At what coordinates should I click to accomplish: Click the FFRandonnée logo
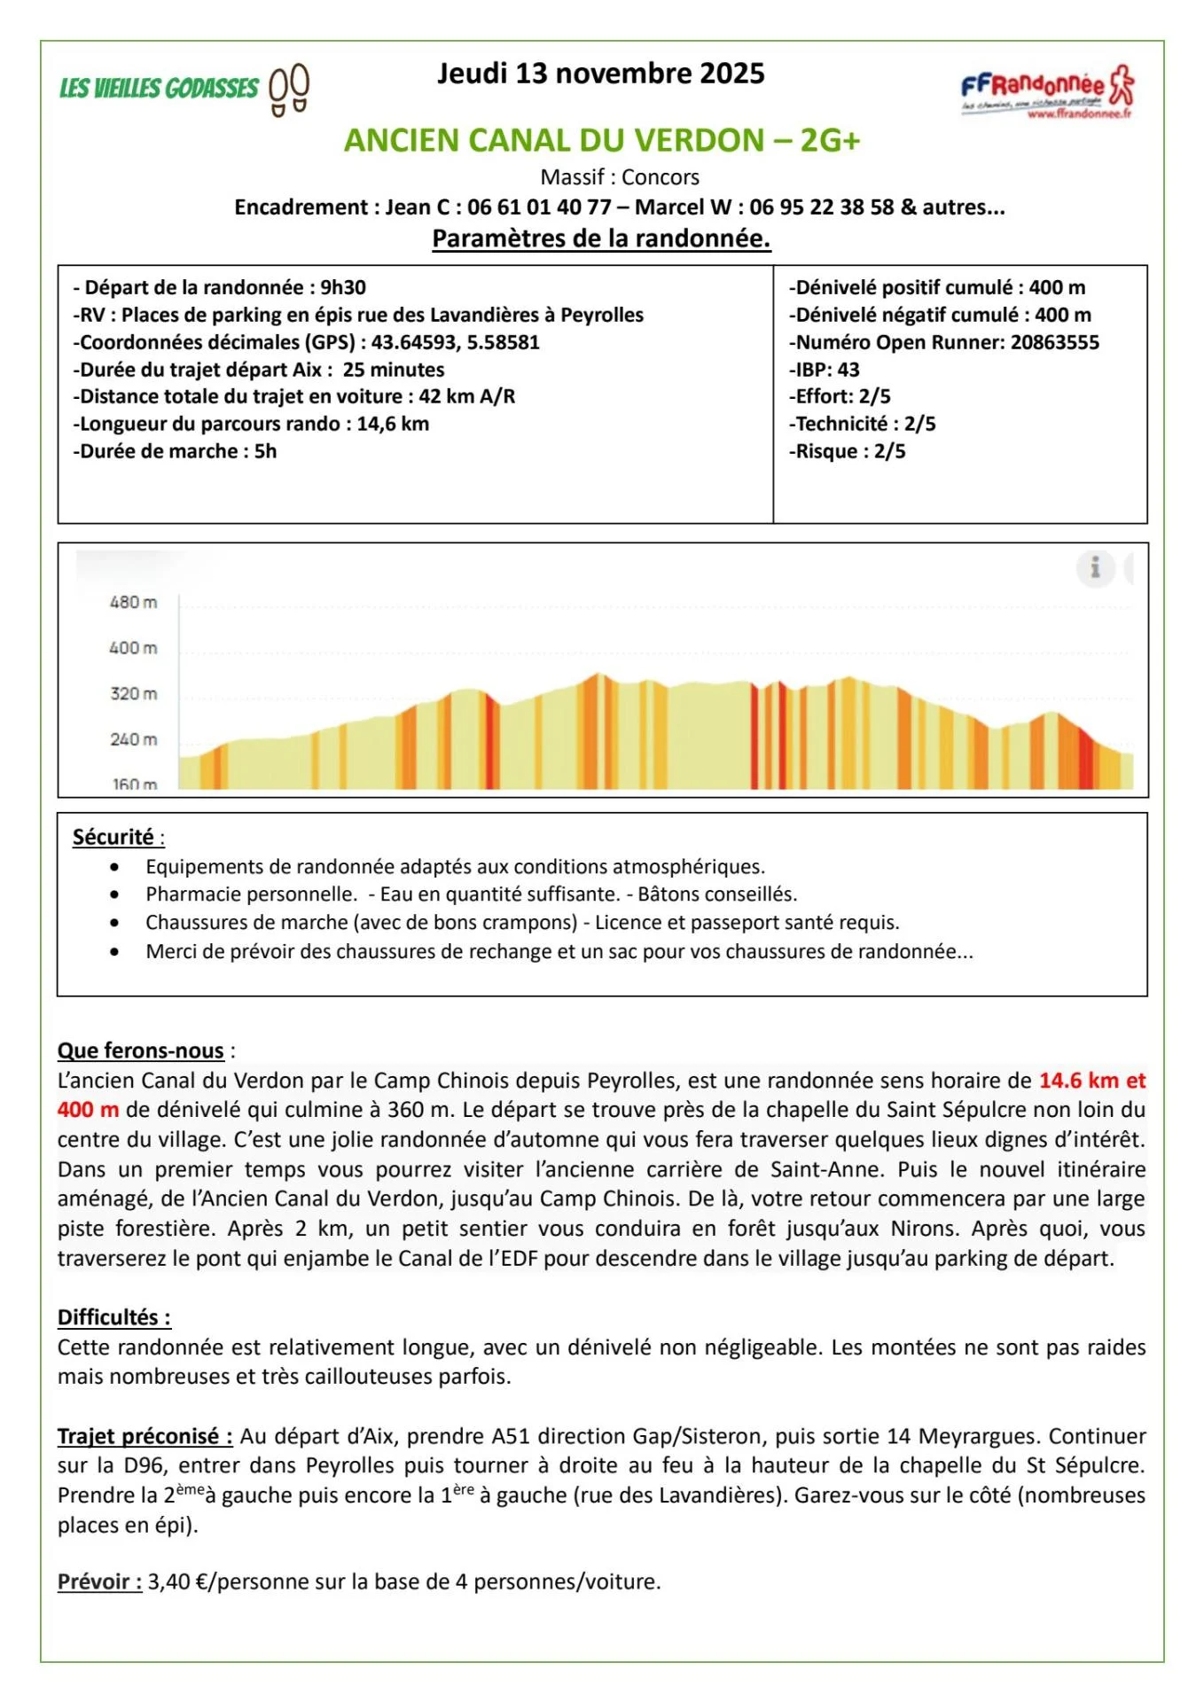1047,90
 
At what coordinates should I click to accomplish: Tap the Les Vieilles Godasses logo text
160,89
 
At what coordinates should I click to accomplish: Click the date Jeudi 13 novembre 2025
600,73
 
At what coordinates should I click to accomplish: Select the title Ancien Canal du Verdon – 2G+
602,140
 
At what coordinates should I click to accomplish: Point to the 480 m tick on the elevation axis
133,603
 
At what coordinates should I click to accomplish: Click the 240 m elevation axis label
133,739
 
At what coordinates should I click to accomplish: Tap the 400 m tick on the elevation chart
133,648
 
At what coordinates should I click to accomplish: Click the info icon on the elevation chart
1096,567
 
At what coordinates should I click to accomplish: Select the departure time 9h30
343,287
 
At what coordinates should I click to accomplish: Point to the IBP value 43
848,370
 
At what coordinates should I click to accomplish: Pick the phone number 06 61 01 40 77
539,207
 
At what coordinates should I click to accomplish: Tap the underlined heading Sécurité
113,837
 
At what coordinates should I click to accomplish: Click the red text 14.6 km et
1091,1081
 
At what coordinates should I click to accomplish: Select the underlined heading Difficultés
113,1317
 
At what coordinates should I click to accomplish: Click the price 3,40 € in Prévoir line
181,1581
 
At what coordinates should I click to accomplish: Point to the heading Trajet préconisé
145,1436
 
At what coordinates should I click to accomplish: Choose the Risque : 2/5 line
848,451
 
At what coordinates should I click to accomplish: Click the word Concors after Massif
661,177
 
